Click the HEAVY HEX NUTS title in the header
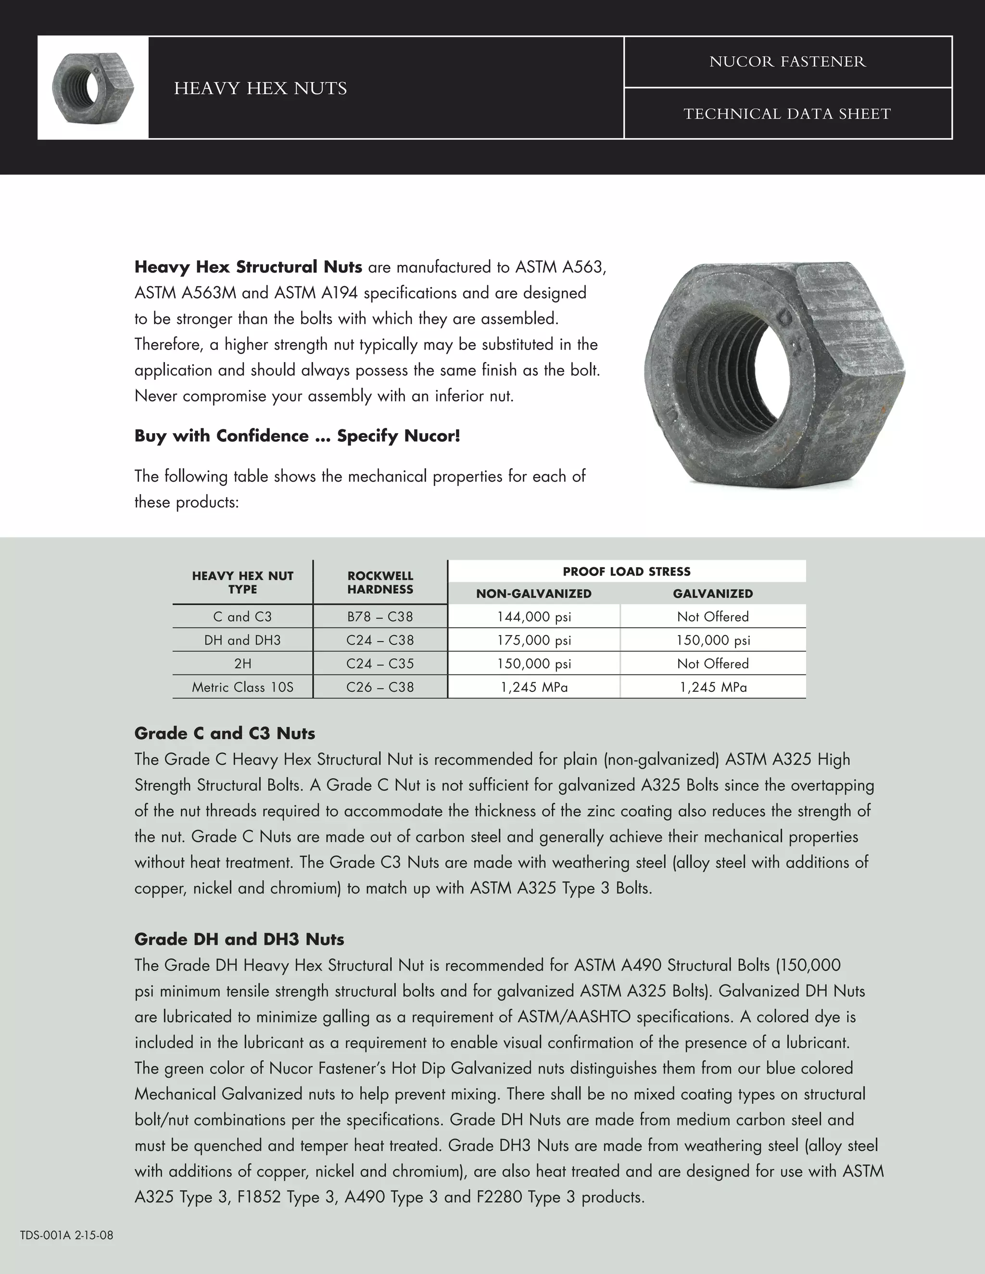(260, 88)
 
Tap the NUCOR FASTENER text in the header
(787, 62)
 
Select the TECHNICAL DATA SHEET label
(787, 114)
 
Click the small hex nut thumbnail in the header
(93, 87)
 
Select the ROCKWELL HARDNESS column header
(380, 582)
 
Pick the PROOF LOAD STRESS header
(626, 572)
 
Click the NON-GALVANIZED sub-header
(533, 594)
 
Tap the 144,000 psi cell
(533, 617)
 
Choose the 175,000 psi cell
(533, 640)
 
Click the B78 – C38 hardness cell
(380, 617)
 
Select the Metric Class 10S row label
(243, 687)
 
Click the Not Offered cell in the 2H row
(712, 664)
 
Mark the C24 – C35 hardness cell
(380, 664)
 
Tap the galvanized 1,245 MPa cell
(712, 687)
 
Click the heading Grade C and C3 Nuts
(225, 733)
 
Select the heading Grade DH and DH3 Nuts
(239, 939)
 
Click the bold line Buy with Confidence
(297, 436)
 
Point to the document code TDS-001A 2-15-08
(66, 1235)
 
